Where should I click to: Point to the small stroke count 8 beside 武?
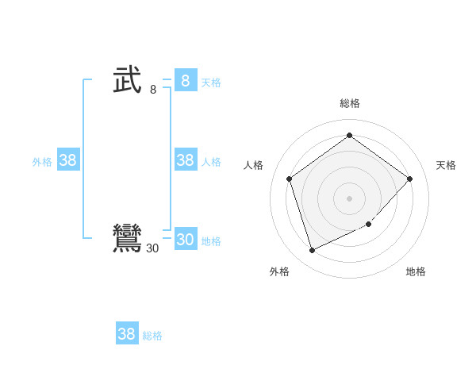point(153,90)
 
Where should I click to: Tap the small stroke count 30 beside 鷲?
point(152,248)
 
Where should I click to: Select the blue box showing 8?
point(185,81)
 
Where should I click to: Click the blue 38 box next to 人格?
point(185,160)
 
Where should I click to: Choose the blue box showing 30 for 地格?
point(185,240)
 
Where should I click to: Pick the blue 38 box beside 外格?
point(68,160)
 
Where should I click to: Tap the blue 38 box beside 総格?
point(126,334)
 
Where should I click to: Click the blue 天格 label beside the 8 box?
point(211,83)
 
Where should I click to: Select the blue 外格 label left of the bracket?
point(42,162)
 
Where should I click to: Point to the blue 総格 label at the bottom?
point(152,336)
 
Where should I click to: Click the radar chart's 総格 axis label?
point(350,103)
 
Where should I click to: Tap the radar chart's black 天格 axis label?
point(446,165)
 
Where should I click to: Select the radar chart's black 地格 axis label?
point(416,271)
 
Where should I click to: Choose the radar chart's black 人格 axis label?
point(254,165)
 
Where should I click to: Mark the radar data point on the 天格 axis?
point(409,179)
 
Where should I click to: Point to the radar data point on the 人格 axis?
point(290,179)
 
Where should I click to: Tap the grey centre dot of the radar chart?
point(350,198)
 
